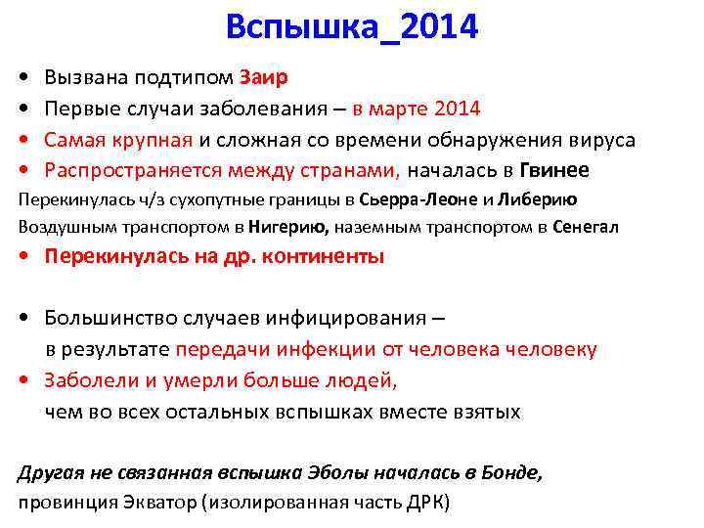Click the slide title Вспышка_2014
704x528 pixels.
tap(352, 27)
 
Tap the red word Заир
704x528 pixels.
tap(264, 77)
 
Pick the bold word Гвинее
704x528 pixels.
tap(554, 170)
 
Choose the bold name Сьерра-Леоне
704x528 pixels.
tap(401, 200)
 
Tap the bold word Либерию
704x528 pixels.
tap(536, 200)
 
